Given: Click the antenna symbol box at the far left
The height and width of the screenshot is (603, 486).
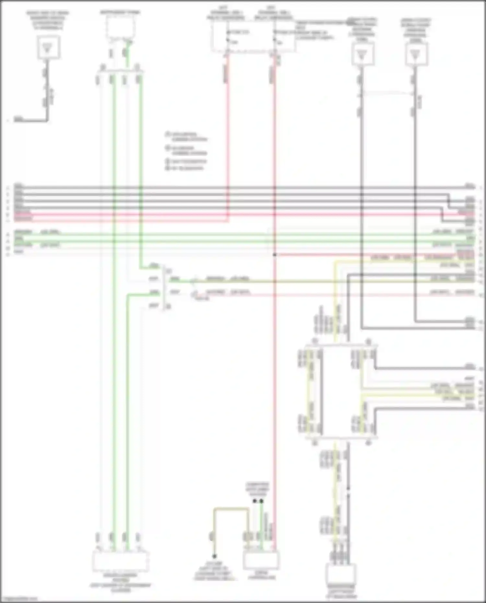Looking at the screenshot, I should pyautogui.click(x=48, y=47).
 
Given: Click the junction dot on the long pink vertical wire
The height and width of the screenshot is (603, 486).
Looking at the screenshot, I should pyautogui.click(x=274, y=255).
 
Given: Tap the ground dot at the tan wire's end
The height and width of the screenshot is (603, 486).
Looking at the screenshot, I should pyautogui.click(x=214, y=556).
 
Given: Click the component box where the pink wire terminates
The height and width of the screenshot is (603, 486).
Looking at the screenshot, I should pyautogui.click(x=261, y=561).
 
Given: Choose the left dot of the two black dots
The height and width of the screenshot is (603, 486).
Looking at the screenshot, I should pyautogui.click(x=255, y=501).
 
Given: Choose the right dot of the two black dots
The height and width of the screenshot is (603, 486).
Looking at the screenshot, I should pyautogui.click(x=261, y=501).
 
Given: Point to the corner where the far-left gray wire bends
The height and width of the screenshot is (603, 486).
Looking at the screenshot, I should pyautogui.click(x=48, y=121).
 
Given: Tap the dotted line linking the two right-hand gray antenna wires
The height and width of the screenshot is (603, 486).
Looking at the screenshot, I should pyautogui.click(x=388, y=93).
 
